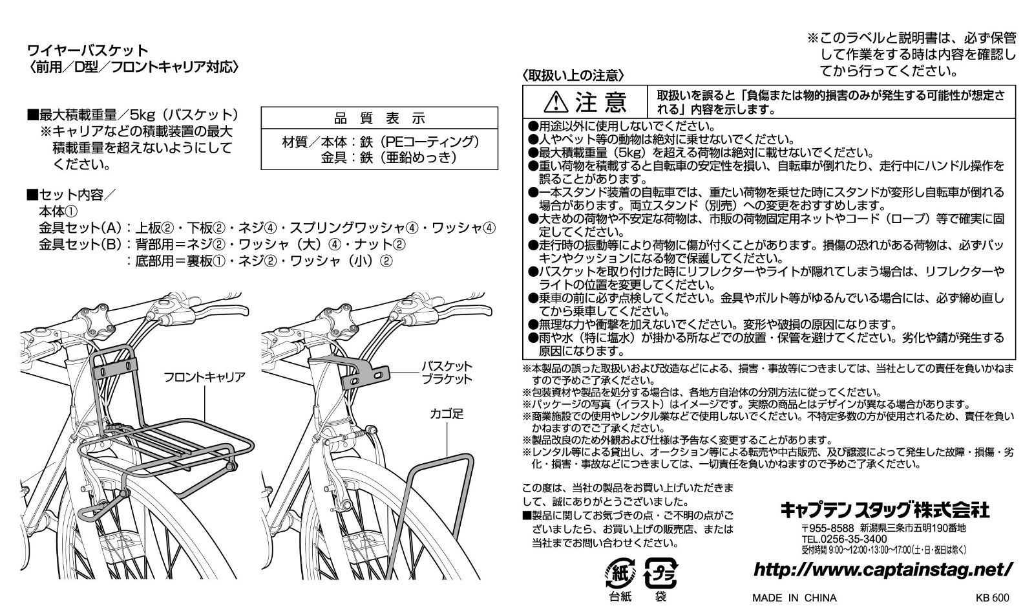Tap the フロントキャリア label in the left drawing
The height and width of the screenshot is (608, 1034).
(204, 378)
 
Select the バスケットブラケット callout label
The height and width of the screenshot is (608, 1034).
(447, 373)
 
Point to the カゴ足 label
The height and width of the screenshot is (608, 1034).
(447, 413)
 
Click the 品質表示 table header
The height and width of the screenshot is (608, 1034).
(379, 118)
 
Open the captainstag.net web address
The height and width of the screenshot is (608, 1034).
(883, 569)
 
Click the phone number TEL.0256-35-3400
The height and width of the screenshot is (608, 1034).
(844, 539)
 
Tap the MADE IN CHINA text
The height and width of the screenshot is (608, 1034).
(794, 598)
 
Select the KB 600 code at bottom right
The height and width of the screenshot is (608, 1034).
(993, 598)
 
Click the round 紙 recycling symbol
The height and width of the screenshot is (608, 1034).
(620, 573)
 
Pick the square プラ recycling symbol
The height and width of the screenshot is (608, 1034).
(660, 573)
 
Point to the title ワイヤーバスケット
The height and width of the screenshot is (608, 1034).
(88, 50)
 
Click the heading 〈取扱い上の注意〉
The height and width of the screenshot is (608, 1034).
(573, 75)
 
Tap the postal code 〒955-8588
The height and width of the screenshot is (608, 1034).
(828, 528)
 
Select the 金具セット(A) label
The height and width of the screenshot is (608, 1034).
(80, 228)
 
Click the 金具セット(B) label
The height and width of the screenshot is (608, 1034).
(80, 244)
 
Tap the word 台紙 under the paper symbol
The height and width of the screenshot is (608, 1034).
(620, 596)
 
